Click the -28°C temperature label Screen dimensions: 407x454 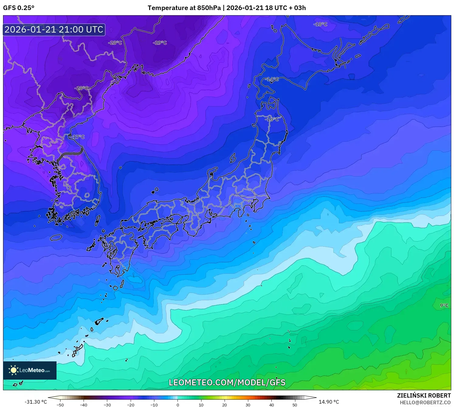(x=115, y=43)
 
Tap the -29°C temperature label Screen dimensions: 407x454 (x=160, y=43)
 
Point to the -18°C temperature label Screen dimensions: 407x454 (x=320, y=24)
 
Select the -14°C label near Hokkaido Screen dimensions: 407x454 (x=272, y=79)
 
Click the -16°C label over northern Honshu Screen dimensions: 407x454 (x=272, y=119)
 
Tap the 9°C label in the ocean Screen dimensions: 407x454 (x=444, y=305)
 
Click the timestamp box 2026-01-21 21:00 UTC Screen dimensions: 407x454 (x=54, y=30)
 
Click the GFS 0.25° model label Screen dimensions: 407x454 (x=19, y=8)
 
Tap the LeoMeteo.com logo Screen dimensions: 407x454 (x=30, y=370)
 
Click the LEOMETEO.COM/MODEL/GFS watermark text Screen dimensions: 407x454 (x=227, y=382)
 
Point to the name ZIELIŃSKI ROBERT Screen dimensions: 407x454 (x=424, y=395)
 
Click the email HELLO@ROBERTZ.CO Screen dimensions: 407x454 (x=425, y=402)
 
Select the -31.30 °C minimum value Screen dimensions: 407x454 (x=36, y=402)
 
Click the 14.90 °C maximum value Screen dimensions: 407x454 (x=329, y=402)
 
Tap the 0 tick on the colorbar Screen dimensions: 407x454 (x=178, y=405)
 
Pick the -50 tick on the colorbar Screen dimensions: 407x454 (x=60, y=405)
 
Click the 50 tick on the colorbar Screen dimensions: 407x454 (x=295, y=405)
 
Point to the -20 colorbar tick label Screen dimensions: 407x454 (x=131, y=405)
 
